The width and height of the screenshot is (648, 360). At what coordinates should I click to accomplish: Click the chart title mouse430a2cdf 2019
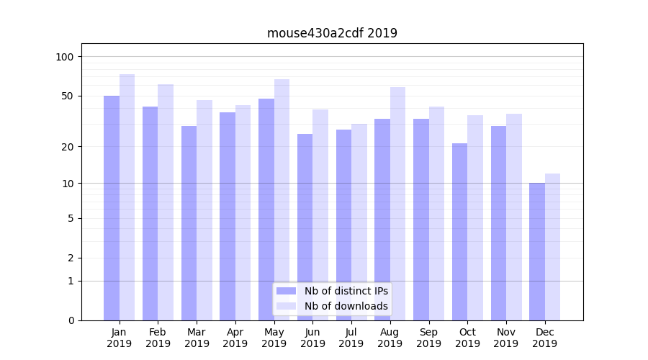tap(332, 33)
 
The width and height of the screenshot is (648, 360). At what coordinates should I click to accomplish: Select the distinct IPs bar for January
tap(112, 208)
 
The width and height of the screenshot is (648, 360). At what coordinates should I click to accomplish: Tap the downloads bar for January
tap(127, 197)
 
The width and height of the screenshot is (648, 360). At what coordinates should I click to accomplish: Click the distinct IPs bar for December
tap(537, 251)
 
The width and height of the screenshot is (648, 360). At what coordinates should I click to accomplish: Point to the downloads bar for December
tap(553, 247)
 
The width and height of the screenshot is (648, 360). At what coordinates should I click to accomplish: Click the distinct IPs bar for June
tap(305, 227)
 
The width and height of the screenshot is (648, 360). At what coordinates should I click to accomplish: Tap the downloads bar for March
tap(204, 210)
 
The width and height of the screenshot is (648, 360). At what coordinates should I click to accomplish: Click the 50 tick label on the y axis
tap(67, 96)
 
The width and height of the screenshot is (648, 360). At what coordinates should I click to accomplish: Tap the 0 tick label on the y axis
tap(71, 320)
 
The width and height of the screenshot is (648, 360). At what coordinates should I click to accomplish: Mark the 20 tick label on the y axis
tap(67, 147)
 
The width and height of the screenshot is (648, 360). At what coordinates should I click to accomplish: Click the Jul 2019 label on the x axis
tap(351, 338)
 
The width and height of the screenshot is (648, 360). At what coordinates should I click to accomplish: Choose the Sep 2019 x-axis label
tap(428, 338)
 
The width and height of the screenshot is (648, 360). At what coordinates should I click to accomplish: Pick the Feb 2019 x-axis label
tap(158, 338)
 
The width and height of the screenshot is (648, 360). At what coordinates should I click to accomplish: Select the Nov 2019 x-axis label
tap(506, 338)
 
